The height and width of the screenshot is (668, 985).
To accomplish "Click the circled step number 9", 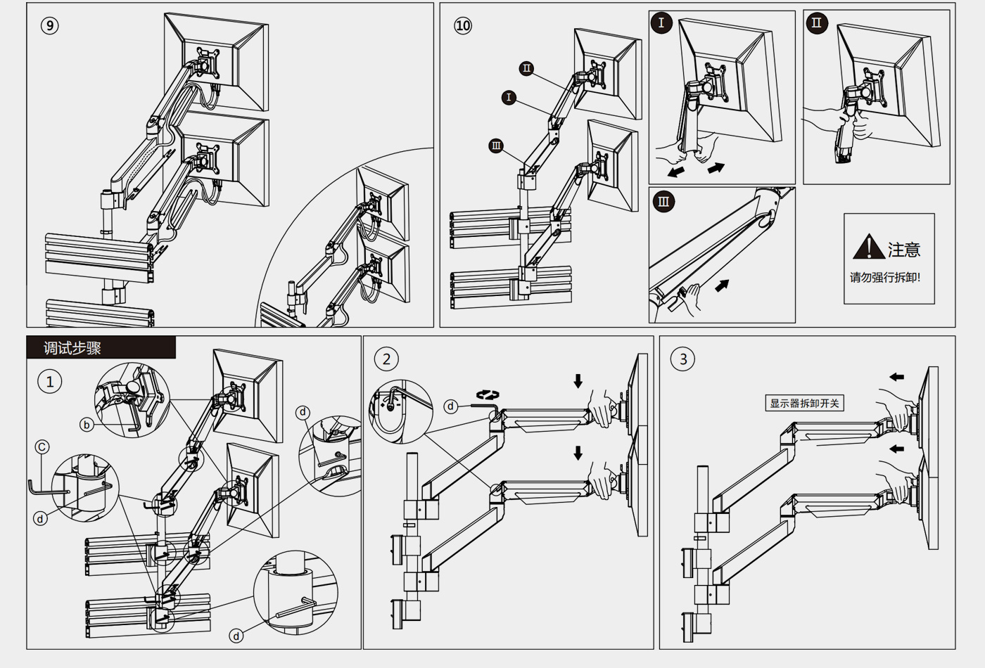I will click(49, 26).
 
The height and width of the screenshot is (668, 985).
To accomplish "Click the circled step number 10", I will click(462, 26).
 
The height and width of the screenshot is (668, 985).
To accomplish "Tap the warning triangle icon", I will click(868, 247).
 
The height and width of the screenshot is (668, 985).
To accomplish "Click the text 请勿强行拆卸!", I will click(884, 277).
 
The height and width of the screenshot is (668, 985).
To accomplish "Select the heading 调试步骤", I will click(72, 348).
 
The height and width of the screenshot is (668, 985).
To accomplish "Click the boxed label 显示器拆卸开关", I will click(804, 403).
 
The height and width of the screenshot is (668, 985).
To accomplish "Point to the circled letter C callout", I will click(42, 447).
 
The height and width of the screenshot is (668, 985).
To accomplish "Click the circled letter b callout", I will click(87, 425).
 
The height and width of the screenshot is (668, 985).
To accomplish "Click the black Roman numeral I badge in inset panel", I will click(661, 23).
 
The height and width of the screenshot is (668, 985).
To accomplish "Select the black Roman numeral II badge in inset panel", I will click(816, 23).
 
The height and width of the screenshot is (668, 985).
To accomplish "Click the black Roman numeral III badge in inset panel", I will click(663, 202).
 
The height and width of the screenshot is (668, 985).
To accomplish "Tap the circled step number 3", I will click(682, 359).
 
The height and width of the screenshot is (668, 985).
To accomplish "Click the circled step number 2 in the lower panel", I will click(386, 359).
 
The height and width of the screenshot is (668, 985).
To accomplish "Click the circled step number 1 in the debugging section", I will click(49, 382).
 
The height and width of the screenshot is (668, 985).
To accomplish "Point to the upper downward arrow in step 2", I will click(578, 380).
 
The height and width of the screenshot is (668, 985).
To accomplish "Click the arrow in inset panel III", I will click(722, 285).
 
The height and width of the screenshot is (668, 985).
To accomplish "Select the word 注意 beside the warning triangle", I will click(904, 250).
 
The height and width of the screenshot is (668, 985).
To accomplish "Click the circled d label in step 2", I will click(451, 406).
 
